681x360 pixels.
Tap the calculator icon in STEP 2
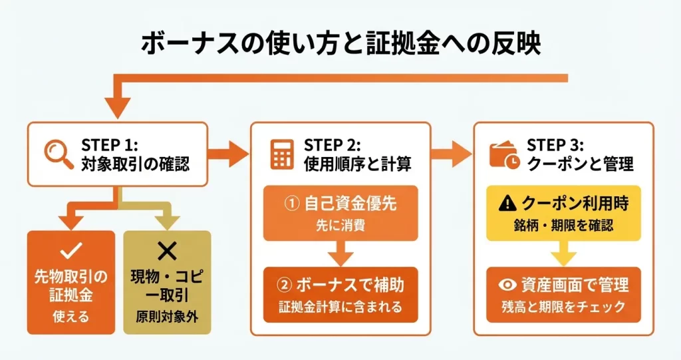click(x=283, y=154)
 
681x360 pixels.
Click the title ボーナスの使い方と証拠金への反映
click(x=340, y=43)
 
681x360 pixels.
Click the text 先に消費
click(x=340, y=226)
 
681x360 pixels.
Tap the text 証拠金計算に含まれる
click(x=340, y=307)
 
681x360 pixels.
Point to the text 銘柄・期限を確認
click(x=564, y=226)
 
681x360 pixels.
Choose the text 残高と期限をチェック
click(x=564, y=307)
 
